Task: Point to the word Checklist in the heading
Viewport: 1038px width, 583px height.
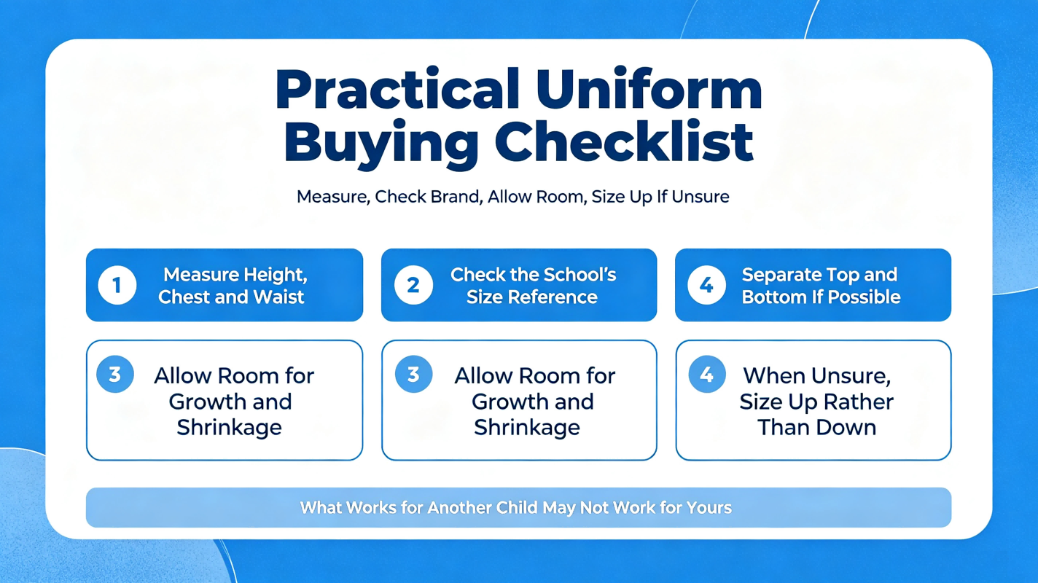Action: [624, 141]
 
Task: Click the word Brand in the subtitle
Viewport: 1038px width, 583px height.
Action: [457, 197]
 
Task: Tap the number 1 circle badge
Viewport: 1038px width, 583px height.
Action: [117, 285]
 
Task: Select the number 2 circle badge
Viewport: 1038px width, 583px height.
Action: [413, 285]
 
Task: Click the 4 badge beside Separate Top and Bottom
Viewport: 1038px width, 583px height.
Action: [706, 285]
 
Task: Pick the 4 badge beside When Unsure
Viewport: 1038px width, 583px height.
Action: [706, 374]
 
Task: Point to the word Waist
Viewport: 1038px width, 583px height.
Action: [280, 297]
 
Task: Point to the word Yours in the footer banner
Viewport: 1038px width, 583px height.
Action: [709, 507]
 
